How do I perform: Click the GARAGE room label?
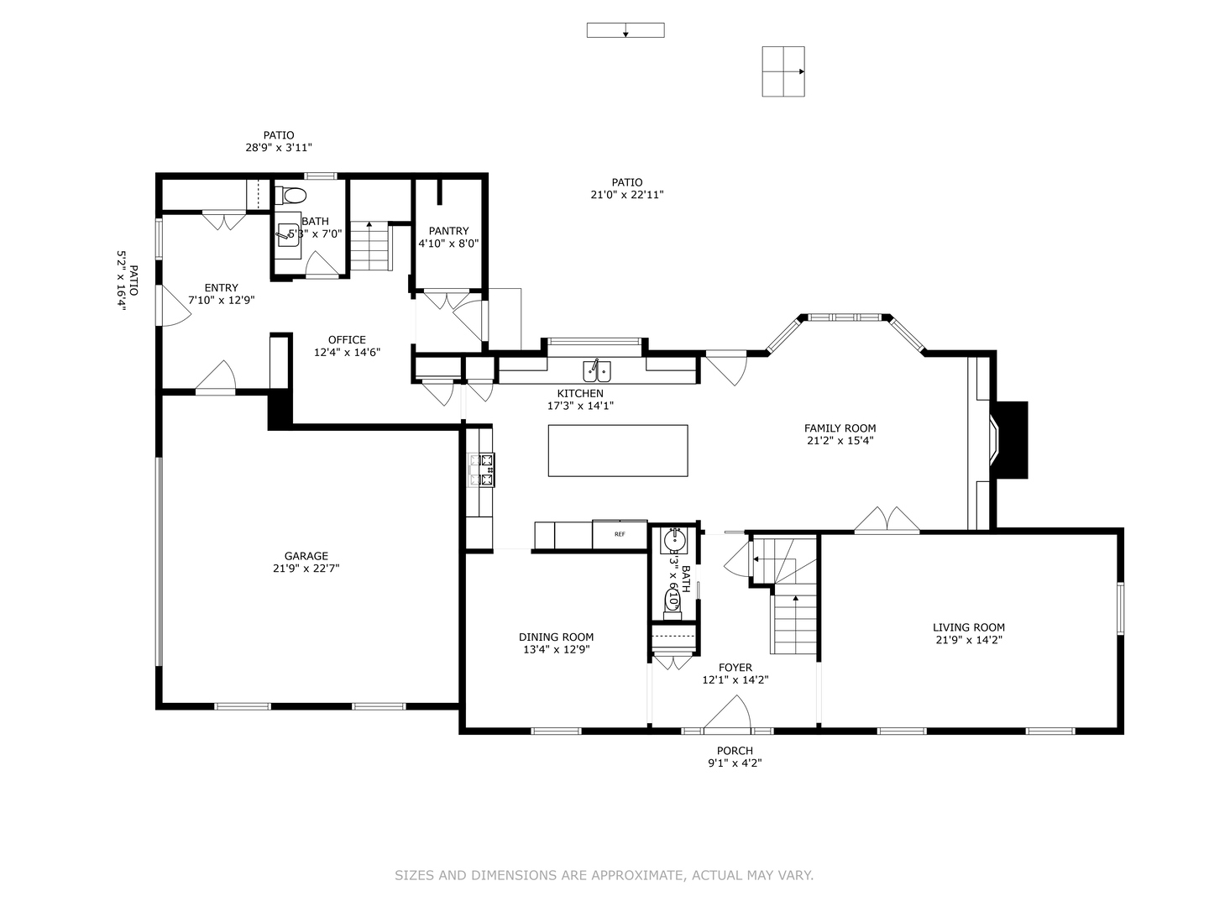coord(306,556)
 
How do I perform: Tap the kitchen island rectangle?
coord(617,450)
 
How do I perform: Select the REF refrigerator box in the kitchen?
coord(620,534)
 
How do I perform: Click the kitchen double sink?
coord(597,371)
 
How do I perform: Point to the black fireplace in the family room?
coord(1011,440)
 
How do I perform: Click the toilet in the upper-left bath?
coord(292,197)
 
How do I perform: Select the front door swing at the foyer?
coord(727,714)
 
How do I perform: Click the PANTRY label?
coord(448,231)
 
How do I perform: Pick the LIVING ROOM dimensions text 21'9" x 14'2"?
coord(968,639)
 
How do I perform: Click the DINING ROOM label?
coord(556,637)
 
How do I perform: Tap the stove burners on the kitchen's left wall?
coord(484,469)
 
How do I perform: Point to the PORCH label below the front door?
coord(735,751)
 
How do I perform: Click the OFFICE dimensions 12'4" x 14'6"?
coord(347,353)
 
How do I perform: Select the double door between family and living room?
coord(887,521)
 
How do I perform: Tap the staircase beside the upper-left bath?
coord(370,245)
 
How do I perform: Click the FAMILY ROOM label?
coord(840,428)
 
